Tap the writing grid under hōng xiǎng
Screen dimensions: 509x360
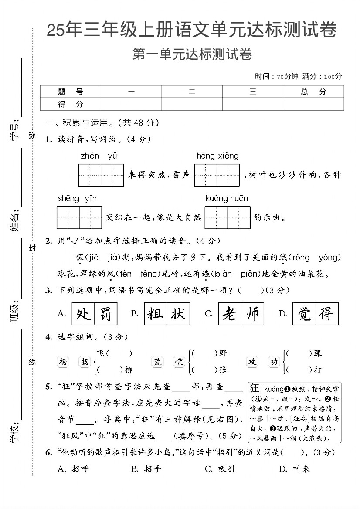coord(217,175)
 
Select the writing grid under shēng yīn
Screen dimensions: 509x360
coord(79,217)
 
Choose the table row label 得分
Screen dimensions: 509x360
coord(70,104)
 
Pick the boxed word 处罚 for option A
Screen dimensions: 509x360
coord(94,313)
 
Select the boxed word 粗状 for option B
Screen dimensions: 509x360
coord(167,313)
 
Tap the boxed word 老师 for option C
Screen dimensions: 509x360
coord(241,313)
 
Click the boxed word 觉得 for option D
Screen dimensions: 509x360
coord(315,313)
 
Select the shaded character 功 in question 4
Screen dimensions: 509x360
coord(273,361)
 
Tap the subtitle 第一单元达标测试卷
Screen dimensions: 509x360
coord(192,55)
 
